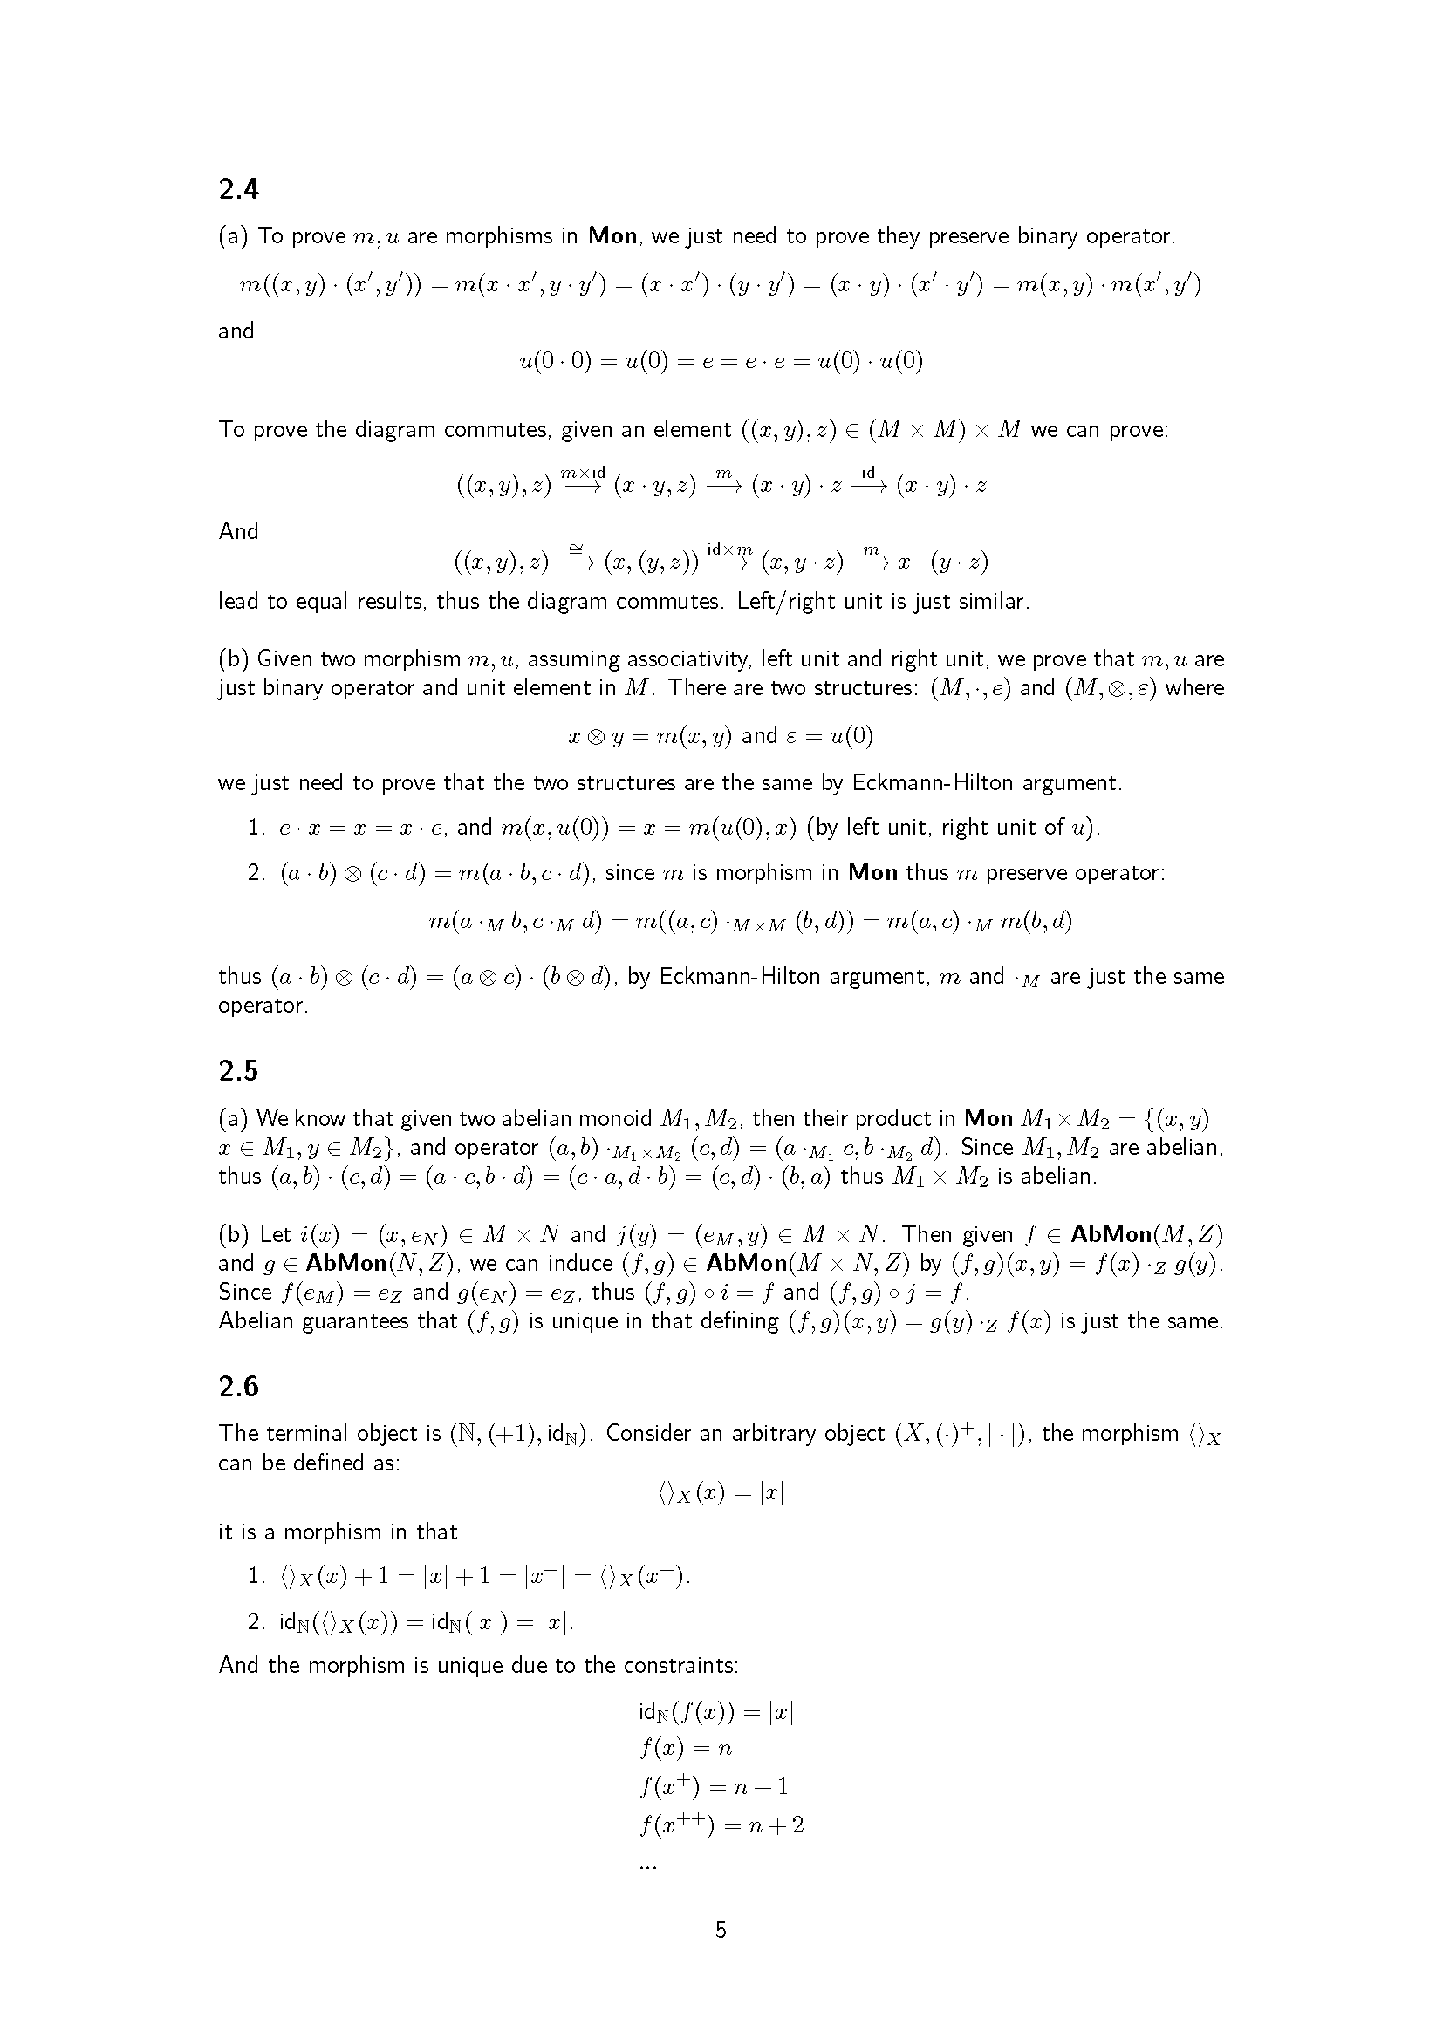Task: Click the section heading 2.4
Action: pyautogui.click(x=238, y=189)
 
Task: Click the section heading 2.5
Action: pyautogui.click(x=238, y=1072)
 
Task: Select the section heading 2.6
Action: pyautogui.click(x=238, y=1386)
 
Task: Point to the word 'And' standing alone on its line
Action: pyautogui.click(x=238, y=531)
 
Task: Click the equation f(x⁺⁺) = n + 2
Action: pyautogui.click(x=721, y=1825)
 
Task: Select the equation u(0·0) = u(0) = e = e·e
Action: pyautogui.click(x=721, y=362)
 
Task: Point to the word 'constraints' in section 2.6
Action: pyautogui.click(x=683, y=1665)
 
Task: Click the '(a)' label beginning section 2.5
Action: pyautogui.click(x=234, y=1118)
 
